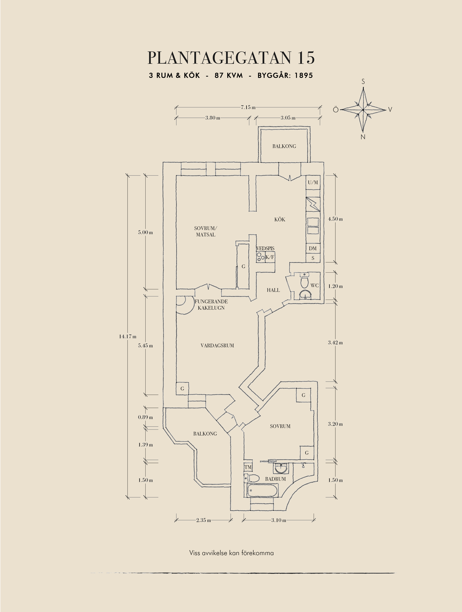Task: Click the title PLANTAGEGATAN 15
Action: click(x=231, y=58)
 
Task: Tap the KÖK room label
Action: click(x=279, y=219)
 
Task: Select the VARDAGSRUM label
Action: click(x=217, y=346)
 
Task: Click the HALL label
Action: click(x=273, y=290)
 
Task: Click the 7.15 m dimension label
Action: click(x=248, y=107)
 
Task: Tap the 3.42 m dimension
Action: click(x=335, y=343)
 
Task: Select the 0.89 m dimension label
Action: click(x=145, y=417)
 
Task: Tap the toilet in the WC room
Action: click(x=304, y=282)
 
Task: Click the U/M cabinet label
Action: click(x=313, y=183)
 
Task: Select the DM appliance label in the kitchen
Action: click(x=313, y=248)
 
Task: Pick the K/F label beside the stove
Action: click(x=270, y=257)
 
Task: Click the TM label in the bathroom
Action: click(x=248, y=467)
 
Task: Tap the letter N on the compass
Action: click(x=363, y=137)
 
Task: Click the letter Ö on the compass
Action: click(x=336, y=110)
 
